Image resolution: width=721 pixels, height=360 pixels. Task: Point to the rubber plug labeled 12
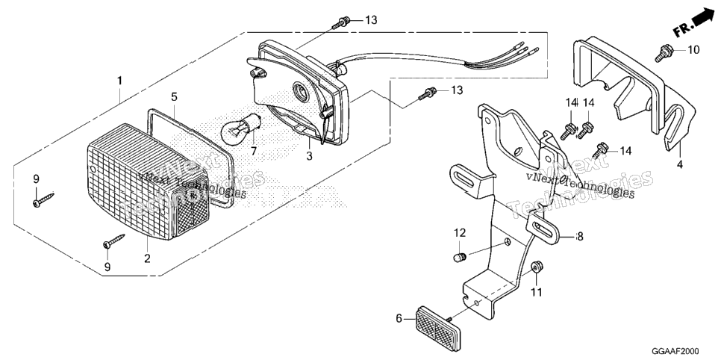(x=460, y=258)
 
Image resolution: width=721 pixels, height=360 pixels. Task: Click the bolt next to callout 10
(x=664, y=52)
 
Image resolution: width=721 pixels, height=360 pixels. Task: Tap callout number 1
(x=119, y=81)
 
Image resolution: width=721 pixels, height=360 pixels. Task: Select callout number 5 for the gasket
(x=174, y=96)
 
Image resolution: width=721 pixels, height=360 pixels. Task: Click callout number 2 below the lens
(x=147, y=258)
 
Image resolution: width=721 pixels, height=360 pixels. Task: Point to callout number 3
(x=310, y=156)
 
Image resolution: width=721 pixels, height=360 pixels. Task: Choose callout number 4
(x=680, y=164)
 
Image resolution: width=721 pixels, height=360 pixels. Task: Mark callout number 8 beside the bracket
(x=580, y=237)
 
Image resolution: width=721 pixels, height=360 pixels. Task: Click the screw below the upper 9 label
(x=43, y=199)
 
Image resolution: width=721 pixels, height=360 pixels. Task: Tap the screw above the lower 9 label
(x=114, y=241)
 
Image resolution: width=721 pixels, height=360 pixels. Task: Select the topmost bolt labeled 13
(x=341, y=22)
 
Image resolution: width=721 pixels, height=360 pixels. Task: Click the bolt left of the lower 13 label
(x=427, y=93)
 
